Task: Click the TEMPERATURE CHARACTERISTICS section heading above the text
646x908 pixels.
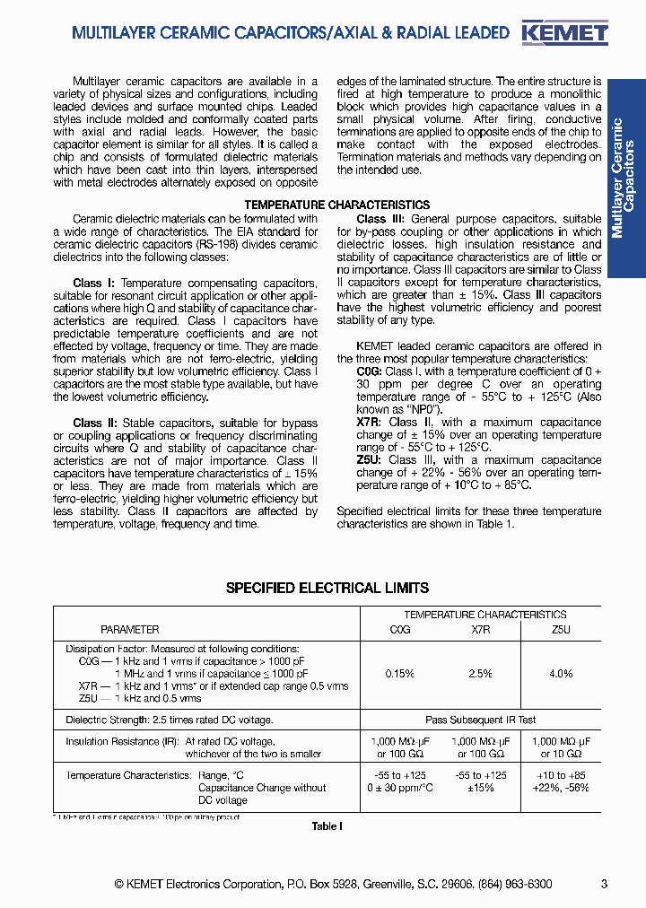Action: pyautogui.click(x=336, y=205)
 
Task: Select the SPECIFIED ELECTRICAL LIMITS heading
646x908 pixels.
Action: pyautogui.click(x=327, y=589)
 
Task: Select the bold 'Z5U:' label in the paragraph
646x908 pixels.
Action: pyautogui.click(x=370, y=460)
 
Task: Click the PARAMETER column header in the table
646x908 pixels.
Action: pyautogui.click(x=129, y=630)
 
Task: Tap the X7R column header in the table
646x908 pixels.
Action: pyautogui.click(x=481, y=630)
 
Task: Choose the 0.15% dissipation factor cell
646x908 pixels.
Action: pyautogui.click(x=399, y=674)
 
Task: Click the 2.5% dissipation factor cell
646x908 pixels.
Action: pyautogui.click(x=481, y=674)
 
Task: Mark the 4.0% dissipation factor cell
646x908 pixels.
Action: pyautogui.click(x=561, y=674)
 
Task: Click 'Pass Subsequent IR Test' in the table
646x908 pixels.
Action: pyautogui.click(x=480, y=720)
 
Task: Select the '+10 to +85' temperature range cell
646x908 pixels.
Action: pyautogui.click(x=561, y=775)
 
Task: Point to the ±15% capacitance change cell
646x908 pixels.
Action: pyautogui.click(x=481, y=788)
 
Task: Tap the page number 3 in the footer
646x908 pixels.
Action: pyautogui.click(x=604, y=884)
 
